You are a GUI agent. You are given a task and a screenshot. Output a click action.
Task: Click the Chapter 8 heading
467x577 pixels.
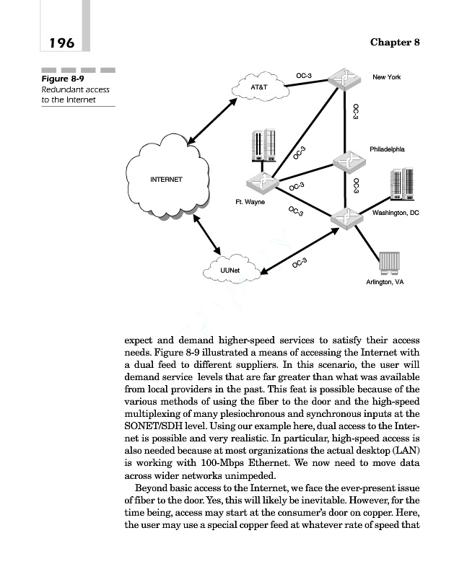tap(395, 42)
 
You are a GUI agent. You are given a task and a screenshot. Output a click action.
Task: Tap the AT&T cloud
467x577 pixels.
tap(259, 89)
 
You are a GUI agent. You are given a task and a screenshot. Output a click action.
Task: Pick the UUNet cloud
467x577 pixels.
tap(230, 270)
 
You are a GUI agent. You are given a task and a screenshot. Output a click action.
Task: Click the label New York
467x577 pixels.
tap(386, 76)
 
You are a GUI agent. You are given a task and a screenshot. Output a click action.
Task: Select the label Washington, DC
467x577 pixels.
tap(395, 213)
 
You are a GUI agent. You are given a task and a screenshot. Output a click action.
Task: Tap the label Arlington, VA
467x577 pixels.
tap(385, 282)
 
